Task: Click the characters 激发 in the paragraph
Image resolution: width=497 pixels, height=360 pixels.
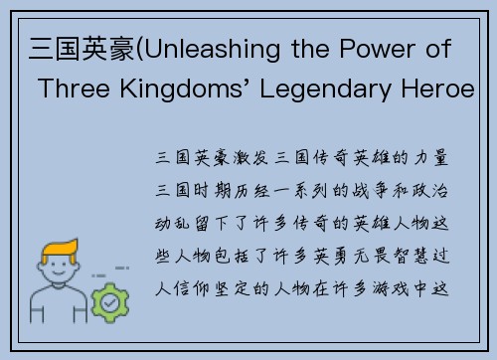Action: click(245, 158)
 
